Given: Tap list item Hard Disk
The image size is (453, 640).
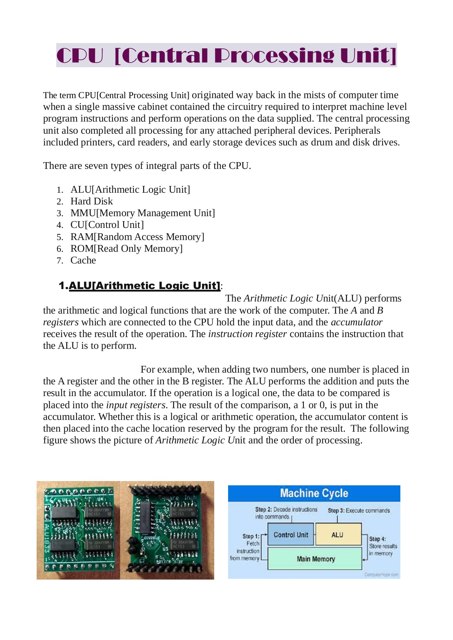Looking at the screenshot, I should pyautogui.click(x=91, y=201).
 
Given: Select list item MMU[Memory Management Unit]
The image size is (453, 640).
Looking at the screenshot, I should pyautogui.click(x=142, y=213).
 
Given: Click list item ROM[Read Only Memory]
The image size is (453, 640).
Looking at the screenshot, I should pyautogui.click(x=126, y=249).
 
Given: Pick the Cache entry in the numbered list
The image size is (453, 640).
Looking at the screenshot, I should pyautogui.click(x=83, y=260).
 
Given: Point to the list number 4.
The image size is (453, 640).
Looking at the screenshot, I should pyautogui.click(x=60, y=225).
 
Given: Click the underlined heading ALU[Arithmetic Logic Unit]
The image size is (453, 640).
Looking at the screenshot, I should pyautogui.click(x=144, y=286).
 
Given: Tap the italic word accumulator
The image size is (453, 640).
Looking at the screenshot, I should pyautogui.click(x=357, y=322).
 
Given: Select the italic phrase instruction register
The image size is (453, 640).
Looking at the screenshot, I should pyautogui.click(x=247, y=334).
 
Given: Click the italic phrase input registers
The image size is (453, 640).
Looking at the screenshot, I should pyautogui.click(x=136, y=405).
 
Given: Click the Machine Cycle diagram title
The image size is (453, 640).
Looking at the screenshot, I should pyautogui.click(x=314, y=493).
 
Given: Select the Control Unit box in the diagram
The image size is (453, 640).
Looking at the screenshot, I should pyautogui.click(x=291, y=535).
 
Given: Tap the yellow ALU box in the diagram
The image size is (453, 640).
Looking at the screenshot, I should pyautogui.click(x=338, y=535).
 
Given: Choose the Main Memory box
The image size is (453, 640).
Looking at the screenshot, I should pyautogui.click(x=315, y=559).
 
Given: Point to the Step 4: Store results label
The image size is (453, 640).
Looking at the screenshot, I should pyautogui.click(x=382, y=546).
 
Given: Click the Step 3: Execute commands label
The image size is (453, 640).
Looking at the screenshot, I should pyautogui.click(x=359, y=511).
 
